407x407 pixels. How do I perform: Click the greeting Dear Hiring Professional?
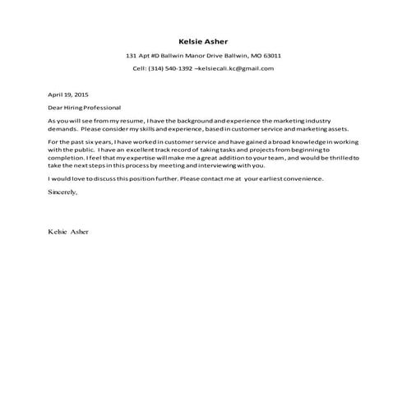point(84,108)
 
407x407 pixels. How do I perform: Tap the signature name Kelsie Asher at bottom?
point(68,232)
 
